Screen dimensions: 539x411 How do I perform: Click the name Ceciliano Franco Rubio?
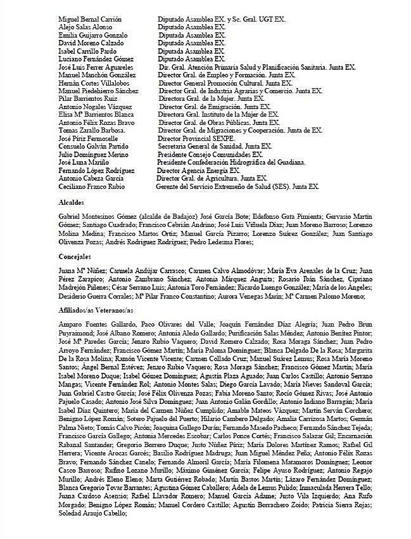[x=91, y=187]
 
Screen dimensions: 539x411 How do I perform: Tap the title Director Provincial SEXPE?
[x=196, y=138]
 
